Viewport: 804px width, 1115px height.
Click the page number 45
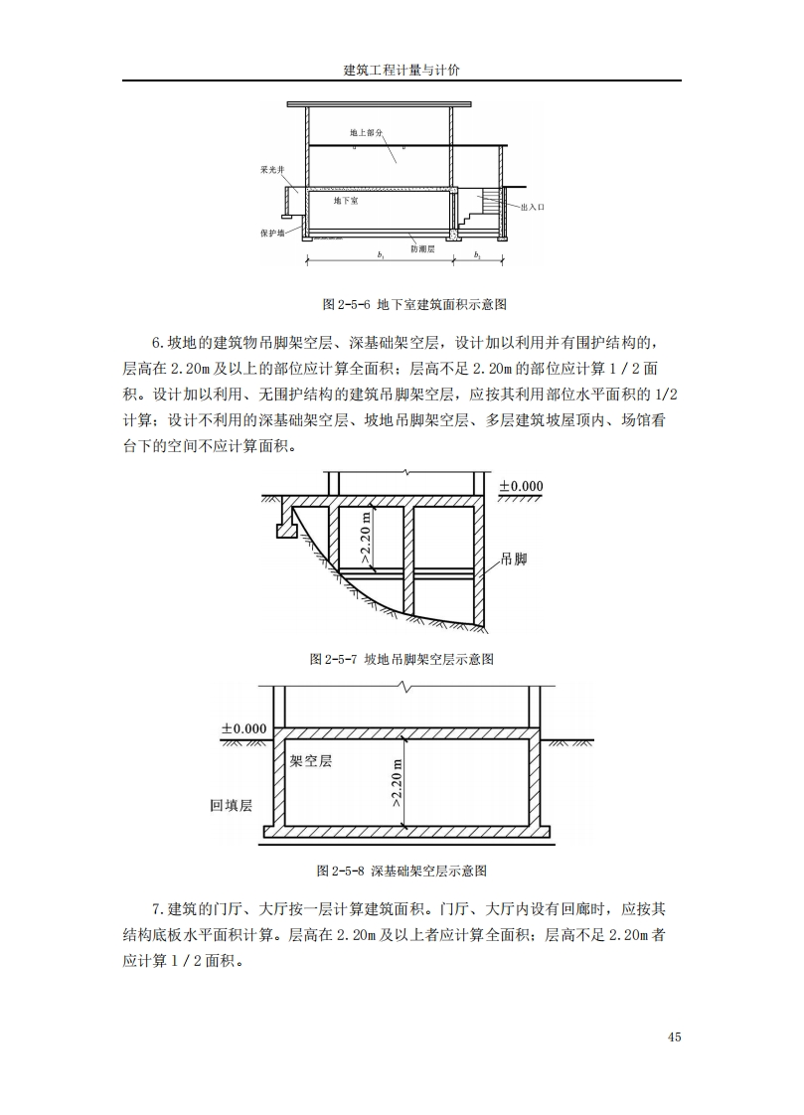tap(674, 1037)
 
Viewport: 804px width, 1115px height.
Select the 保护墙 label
tap(271, 233)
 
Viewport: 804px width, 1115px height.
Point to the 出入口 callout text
tap(533, 206)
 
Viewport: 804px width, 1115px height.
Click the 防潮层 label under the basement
tap(422, 249)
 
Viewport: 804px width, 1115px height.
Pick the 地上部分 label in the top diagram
tap(366, 132)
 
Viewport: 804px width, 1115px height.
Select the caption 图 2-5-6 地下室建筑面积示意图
tap(402, 303)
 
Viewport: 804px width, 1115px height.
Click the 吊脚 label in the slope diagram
tap(514, 559)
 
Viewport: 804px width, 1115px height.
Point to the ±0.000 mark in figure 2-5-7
tap(521, 486)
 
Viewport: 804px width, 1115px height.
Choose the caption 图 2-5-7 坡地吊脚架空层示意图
tap(402, 659)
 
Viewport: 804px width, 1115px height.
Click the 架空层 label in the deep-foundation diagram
tap(310, 761)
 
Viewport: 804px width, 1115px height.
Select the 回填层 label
tap(231, 805)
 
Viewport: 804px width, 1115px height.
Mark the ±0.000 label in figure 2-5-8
tap(243, 728)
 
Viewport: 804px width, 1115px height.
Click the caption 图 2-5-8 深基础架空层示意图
tap(402, 871)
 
